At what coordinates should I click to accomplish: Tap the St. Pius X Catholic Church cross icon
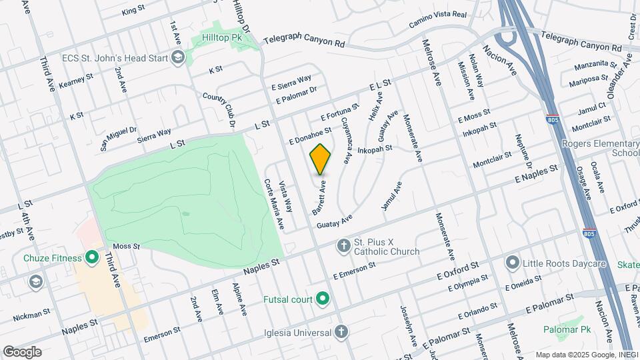[343, 246]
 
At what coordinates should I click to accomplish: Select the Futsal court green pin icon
[323, 298]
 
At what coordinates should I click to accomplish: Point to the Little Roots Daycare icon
[512, 263]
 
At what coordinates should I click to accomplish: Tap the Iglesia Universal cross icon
[341, 331]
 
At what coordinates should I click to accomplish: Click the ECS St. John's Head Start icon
[177, 58]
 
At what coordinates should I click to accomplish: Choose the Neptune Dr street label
[523, 151]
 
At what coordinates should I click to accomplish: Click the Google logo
[22, 351]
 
